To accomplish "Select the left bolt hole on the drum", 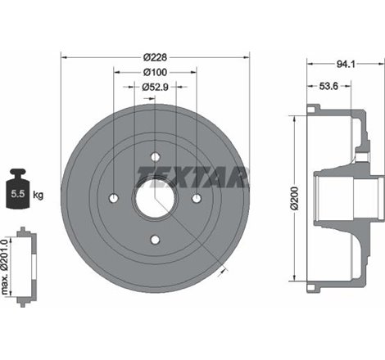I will [115, 198].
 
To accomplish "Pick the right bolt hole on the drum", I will [197, 198].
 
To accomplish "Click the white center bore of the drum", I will [156, 199].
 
